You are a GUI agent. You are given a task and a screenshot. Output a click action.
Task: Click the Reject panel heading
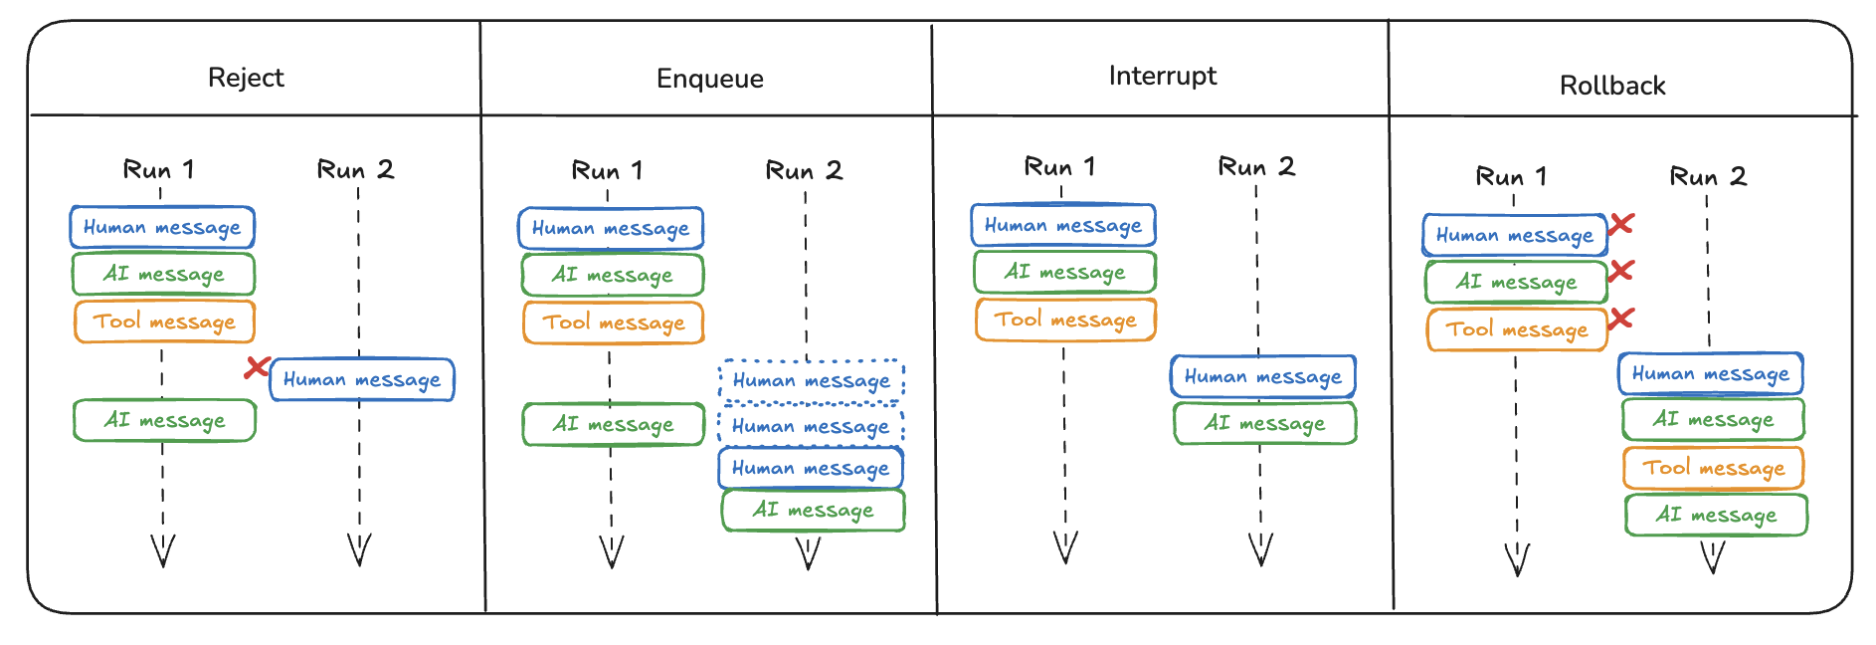pos(246,78)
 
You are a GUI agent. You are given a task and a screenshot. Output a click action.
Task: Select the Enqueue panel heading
pos(709,79)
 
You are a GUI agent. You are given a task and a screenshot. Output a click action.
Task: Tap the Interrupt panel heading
pos(1162,76)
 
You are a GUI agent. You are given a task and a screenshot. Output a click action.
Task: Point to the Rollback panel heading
pos(1611,86)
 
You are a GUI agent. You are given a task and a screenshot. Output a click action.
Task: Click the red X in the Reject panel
pos(257,367)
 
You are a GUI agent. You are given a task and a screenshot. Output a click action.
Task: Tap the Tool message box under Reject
pos(164,322)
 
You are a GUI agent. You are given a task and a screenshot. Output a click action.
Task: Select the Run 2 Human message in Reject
pos(362,380)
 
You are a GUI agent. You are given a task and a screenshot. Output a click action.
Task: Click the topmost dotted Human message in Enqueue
pos(811,381)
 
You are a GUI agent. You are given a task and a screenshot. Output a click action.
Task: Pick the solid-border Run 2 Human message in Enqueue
pos(811,468)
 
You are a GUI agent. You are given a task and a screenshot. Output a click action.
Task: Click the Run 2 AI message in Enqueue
pos(813,511)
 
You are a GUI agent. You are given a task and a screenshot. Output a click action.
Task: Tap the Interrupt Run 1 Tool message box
pos(1065,320)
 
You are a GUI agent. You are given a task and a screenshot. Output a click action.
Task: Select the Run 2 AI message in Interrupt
pos(1264,423)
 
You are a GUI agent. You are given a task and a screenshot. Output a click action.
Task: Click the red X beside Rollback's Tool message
pos(1621,319)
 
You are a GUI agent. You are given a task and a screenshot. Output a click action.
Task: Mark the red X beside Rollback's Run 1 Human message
pos(1621,224)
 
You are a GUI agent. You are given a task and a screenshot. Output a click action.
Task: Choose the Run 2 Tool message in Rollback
pos(1713,468)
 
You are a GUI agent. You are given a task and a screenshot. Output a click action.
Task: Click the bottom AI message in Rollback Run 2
pos(1716,515)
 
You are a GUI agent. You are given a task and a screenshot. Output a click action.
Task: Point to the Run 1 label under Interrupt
pos(1059,166)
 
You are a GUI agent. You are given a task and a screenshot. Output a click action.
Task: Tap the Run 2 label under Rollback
pos(1707,176)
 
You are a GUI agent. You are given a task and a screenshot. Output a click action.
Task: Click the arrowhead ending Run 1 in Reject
pos(163,551)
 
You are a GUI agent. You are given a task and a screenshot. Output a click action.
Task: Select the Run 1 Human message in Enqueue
pos(610,229)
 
